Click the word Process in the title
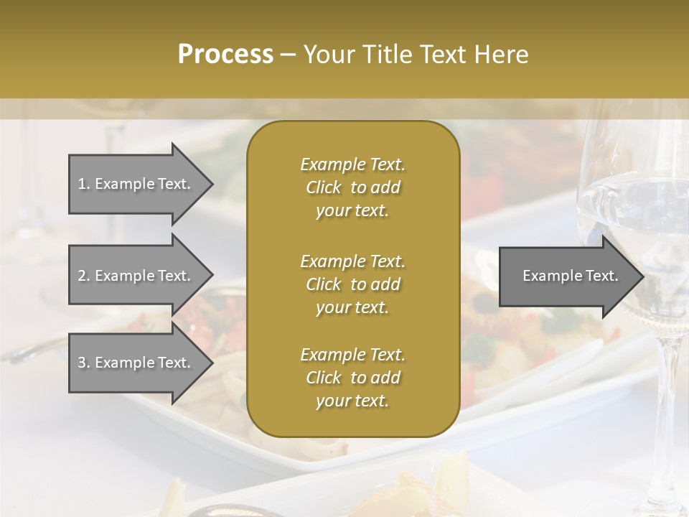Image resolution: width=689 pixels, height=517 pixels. tap(225, 55)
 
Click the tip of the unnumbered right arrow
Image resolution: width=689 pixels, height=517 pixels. tap(642, 276)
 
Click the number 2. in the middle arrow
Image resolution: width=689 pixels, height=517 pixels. tap(83, 276)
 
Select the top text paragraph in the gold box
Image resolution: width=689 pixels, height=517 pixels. tap(352, 187)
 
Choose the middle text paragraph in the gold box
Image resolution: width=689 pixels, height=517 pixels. tap(352, 284)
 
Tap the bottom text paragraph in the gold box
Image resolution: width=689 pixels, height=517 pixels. tap(352, 378)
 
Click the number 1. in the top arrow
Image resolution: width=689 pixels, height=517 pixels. tap(83, 184)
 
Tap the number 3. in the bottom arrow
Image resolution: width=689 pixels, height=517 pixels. tap(83, 363)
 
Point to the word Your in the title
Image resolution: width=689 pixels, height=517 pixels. tap(327, 55)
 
